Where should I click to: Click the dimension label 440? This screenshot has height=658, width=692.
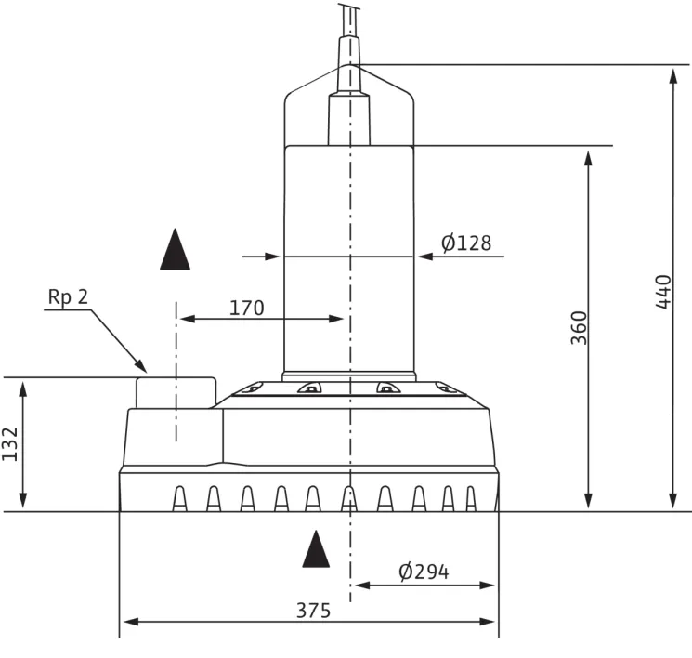tap(663, 292)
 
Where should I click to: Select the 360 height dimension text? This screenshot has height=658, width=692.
tap(579, 328)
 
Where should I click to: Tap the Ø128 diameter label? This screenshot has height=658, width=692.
tap(466, 243)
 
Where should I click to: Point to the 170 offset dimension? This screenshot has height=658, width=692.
tap(247, 308)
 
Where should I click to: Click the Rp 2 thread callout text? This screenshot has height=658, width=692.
tap(68, 296)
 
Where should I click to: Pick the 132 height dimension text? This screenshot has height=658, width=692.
tap(9, 444)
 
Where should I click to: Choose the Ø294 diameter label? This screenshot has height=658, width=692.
tap(424, 572)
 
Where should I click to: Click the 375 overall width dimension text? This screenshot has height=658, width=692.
tap(313, 611)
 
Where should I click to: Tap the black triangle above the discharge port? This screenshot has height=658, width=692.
tap(176, 249)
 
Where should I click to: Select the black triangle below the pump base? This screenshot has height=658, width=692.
tap(316, 549)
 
